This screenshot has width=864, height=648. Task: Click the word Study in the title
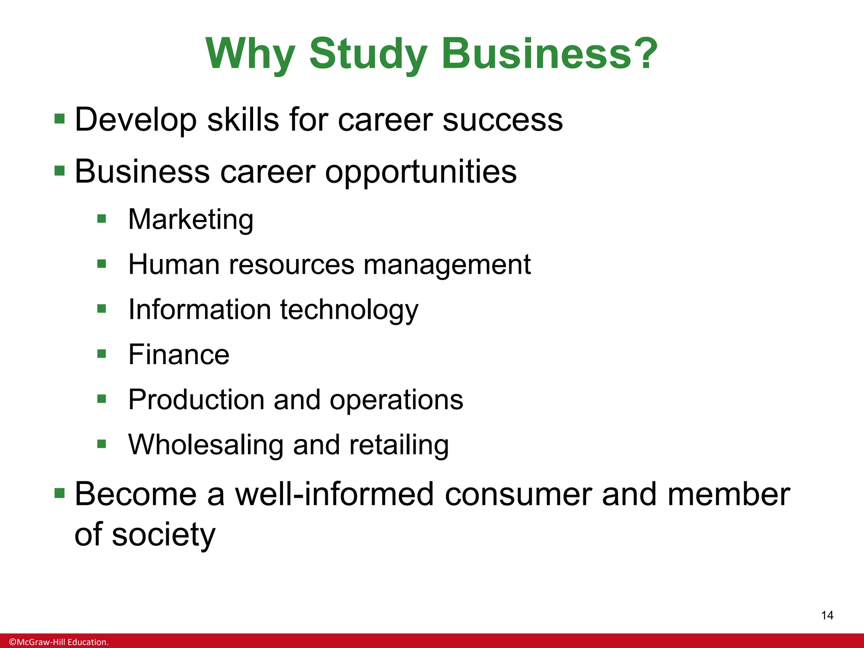pos(368,54)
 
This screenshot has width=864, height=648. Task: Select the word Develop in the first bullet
pos(135,120)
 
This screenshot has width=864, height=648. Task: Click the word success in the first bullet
pos(502,120)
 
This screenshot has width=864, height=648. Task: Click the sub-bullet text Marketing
pos(191,220)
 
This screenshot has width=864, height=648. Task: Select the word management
pos(447,266)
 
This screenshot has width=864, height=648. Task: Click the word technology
pos(349,310)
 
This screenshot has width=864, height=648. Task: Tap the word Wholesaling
pos(206,445)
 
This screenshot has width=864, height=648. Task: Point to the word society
pos(164,535)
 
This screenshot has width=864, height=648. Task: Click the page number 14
pos(827,616)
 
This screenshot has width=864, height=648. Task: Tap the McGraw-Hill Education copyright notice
pos(59,642)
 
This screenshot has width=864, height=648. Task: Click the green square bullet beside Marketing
pos(102,219)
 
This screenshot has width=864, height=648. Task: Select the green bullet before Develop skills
pos(59,119)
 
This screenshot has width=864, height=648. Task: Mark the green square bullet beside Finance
pos(102,354)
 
